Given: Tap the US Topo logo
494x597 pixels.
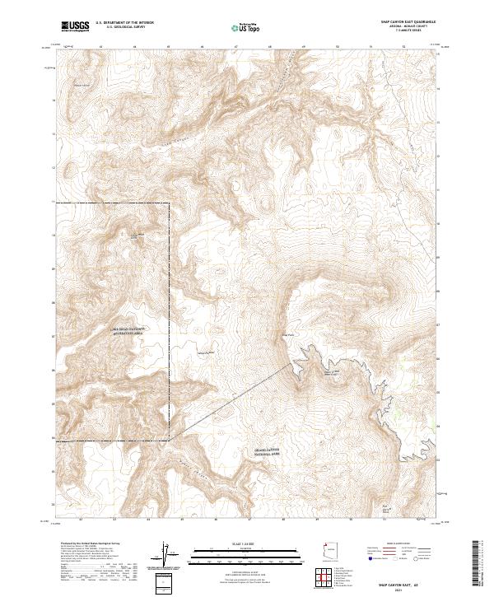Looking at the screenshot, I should click(x=246, y=28).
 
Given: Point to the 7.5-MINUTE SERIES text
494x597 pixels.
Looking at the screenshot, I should click(x=394, y=33).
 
